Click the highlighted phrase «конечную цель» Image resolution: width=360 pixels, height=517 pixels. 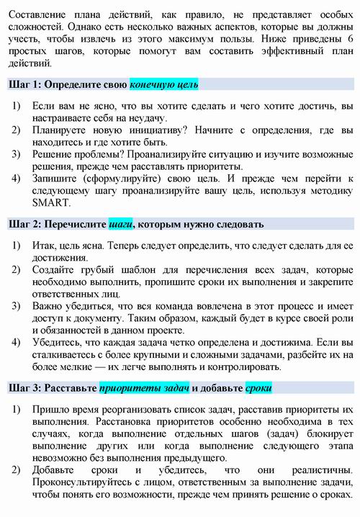tap(163, 84)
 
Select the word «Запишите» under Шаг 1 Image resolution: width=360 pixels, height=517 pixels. tap(55, 178)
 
